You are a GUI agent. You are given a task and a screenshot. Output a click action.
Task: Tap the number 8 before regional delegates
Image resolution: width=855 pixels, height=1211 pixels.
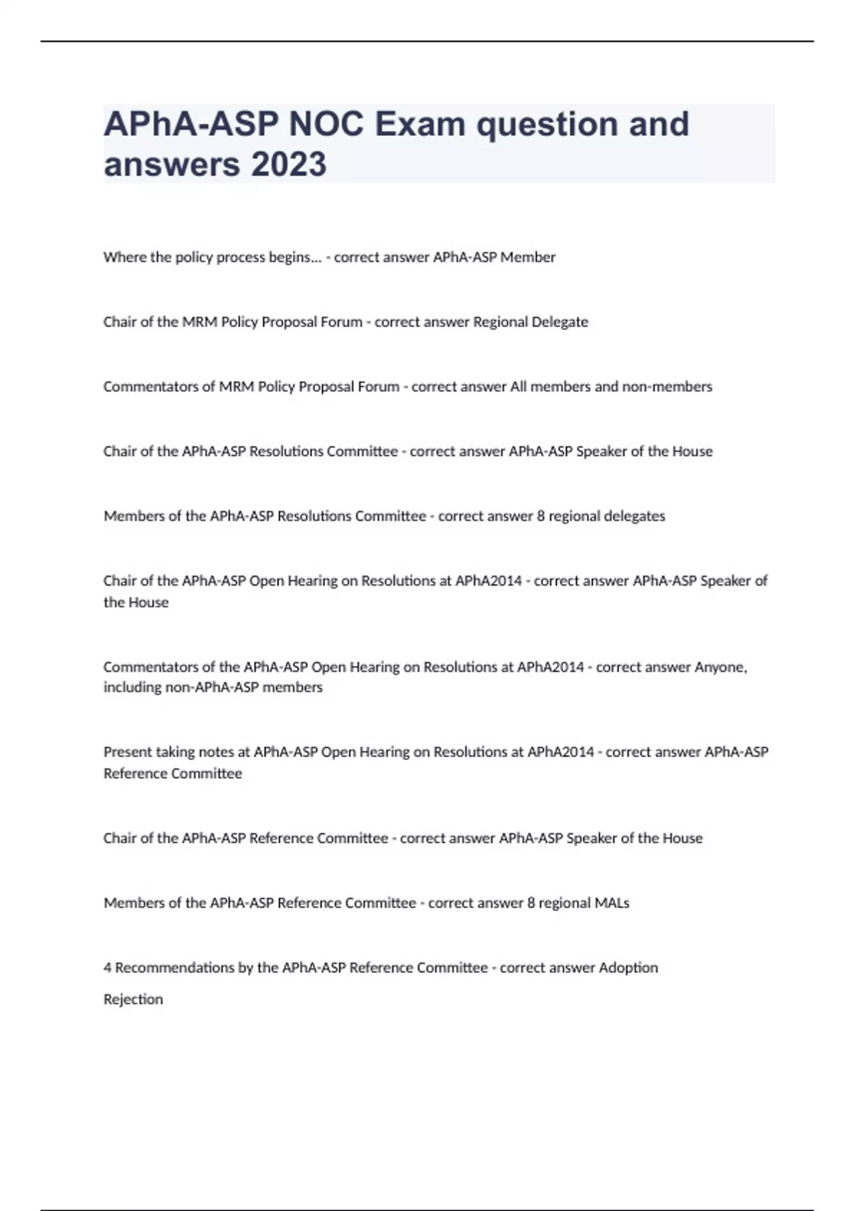[x=541, y=516]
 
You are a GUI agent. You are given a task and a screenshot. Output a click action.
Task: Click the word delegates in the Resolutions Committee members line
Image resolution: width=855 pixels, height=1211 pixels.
[x=634, y=516]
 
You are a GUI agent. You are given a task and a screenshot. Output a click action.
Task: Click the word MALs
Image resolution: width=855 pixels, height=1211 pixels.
[x=612, y=903]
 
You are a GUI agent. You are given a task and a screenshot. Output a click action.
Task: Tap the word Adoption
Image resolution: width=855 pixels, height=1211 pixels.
[x=628, y=968]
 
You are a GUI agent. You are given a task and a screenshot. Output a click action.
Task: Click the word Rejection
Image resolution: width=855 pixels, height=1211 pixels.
[x=133, y=999]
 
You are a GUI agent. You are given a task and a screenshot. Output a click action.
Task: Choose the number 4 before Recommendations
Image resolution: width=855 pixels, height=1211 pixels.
[x=108, y=968]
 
